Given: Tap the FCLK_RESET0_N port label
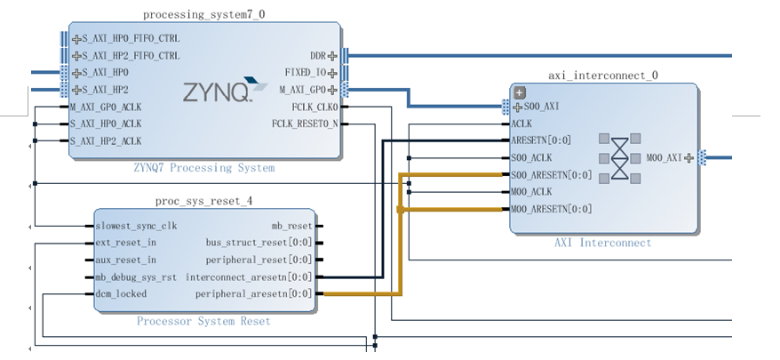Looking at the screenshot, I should (304, 124).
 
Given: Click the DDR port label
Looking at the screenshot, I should (317, 56).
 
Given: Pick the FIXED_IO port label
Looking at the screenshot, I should (304, 73).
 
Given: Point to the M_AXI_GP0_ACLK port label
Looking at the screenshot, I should (105, 107).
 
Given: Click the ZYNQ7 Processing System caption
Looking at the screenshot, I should (203, 168).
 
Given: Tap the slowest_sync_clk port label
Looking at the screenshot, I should (136, 226).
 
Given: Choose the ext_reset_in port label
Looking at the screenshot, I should (125, 243).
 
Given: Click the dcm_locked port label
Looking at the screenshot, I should (121, 293).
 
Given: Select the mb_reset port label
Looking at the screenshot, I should (291, 226).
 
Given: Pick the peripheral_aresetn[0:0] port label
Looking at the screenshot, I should (253, 293).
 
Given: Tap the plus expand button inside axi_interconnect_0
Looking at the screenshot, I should (521, 92).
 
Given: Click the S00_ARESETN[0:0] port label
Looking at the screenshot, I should (552, 175).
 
